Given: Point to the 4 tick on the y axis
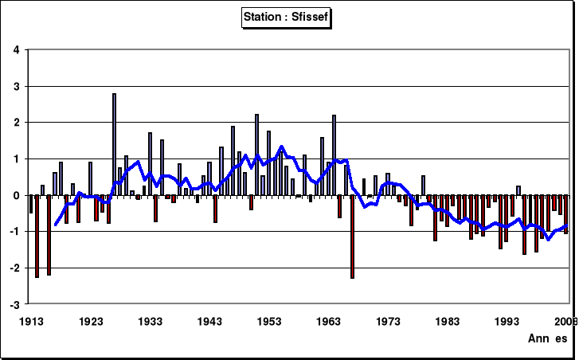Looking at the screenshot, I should [x=17, y=50].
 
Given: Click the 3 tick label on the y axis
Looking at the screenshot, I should [x=17, y=86].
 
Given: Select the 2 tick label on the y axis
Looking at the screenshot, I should [x=17, y=123].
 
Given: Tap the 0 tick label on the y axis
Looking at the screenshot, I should [x=17, y=195].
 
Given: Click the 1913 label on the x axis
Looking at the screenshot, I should [x=31, y=321].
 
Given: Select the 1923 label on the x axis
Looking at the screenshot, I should [x=91, y=321].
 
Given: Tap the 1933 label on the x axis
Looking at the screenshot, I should [x=151, y=321].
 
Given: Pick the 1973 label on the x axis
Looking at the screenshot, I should [x=389, y=321].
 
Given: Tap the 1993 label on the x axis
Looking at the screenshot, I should [x=507, y=321].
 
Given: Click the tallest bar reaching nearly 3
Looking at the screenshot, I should [x=115, y=143].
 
